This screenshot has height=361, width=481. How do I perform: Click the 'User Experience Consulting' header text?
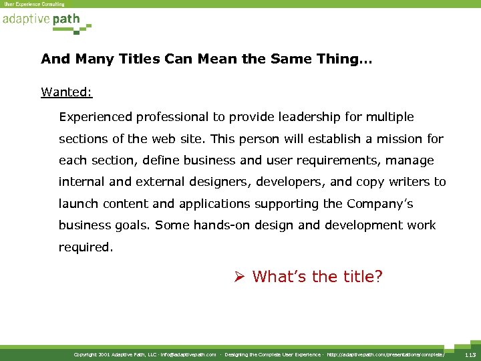[34, 4]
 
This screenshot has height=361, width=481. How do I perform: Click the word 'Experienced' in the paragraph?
[96, 118]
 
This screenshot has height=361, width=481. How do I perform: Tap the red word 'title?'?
[361, 276]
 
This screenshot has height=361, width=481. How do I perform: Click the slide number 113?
[470, 354]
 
